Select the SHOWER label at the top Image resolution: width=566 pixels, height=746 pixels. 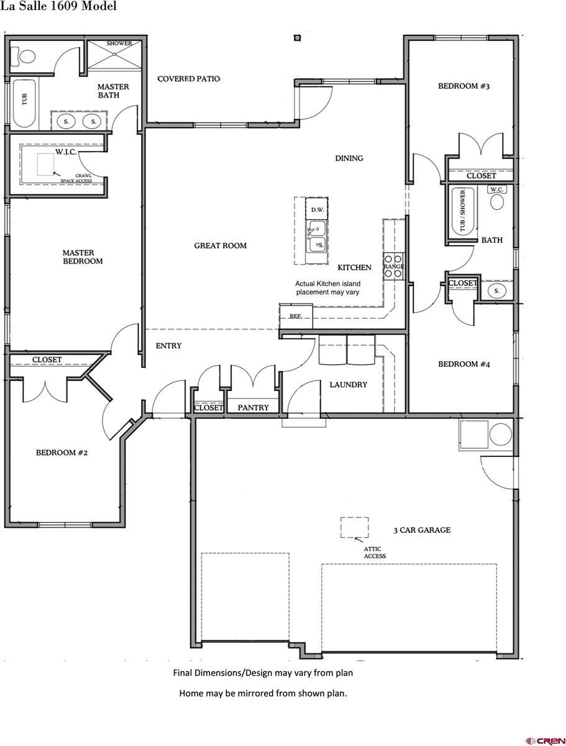point(119,44)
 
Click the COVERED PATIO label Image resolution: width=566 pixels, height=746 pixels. point(188,79)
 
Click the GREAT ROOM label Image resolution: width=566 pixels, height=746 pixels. point(220,246)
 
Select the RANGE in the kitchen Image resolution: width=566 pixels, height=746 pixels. point(393,266)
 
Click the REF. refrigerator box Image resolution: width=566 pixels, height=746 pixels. point(296,316)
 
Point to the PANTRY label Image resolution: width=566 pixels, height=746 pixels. point(253,408)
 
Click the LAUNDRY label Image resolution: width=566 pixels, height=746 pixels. point(348,385)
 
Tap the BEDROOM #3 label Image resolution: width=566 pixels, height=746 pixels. point(464,86)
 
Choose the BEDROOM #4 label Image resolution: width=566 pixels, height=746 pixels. point(464,364)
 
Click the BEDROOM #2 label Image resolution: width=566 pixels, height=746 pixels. point(62,453)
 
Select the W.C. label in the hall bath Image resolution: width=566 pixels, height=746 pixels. point(496,189)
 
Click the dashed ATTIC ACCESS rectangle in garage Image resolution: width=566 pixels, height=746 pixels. point(354,527)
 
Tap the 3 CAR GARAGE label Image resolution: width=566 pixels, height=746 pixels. point(422,530)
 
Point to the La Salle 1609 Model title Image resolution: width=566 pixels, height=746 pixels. point(58,7)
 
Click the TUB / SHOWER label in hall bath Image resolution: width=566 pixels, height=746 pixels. point(462,211)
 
